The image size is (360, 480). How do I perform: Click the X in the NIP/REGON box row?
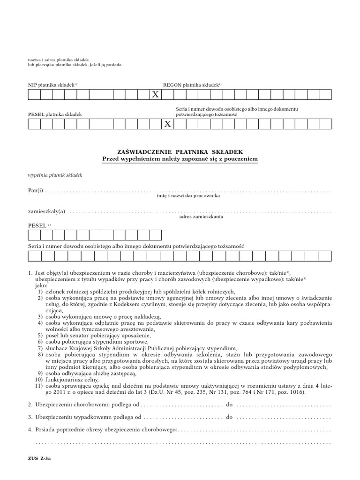point(155,95)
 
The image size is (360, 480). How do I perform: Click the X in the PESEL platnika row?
point(167,124)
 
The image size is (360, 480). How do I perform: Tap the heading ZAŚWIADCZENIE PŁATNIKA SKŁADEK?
point(180,152)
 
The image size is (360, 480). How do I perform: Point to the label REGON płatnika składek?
point(192,85)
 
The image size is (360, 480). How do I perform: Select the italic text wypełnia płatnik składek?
point(55,175)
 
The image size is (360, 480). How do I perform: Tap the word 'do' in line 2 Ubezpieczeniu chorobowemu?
point(230,404)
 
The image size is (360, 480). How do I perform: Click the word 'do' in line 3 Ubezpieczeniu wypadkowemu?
point(230,417)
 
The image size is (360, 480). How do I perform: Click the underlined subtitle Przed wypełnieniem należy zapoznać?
point(180,159)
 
